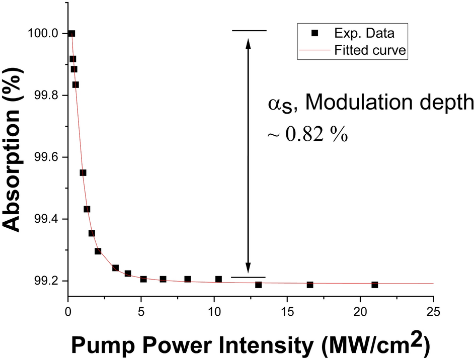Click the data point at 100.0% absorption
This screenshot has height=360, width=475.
click(71, 34)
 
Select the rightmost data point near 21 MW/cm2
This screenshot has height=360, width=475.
click(375, 285)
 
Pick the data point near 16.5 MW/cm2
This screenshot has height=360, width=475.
click(310, 285)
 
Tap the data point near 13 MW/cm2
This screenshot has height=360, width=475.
click(258, 285)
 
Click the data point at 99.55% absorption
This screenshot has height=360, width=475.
click(83, 172)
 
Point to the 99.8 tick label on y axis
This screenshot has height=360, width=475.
click(43, 96)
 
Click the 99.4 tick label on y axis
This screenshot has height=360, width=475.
click(43, 219)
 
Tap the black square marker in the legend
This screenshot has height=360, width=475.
click(315, 34)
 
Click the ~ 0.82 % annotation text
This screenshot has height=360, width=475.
click(307, 135)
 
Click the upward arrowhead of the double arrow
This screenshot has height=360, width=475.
click(248, 44)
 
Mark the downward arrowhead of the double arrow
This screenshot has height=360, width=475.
click(248, 269)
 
